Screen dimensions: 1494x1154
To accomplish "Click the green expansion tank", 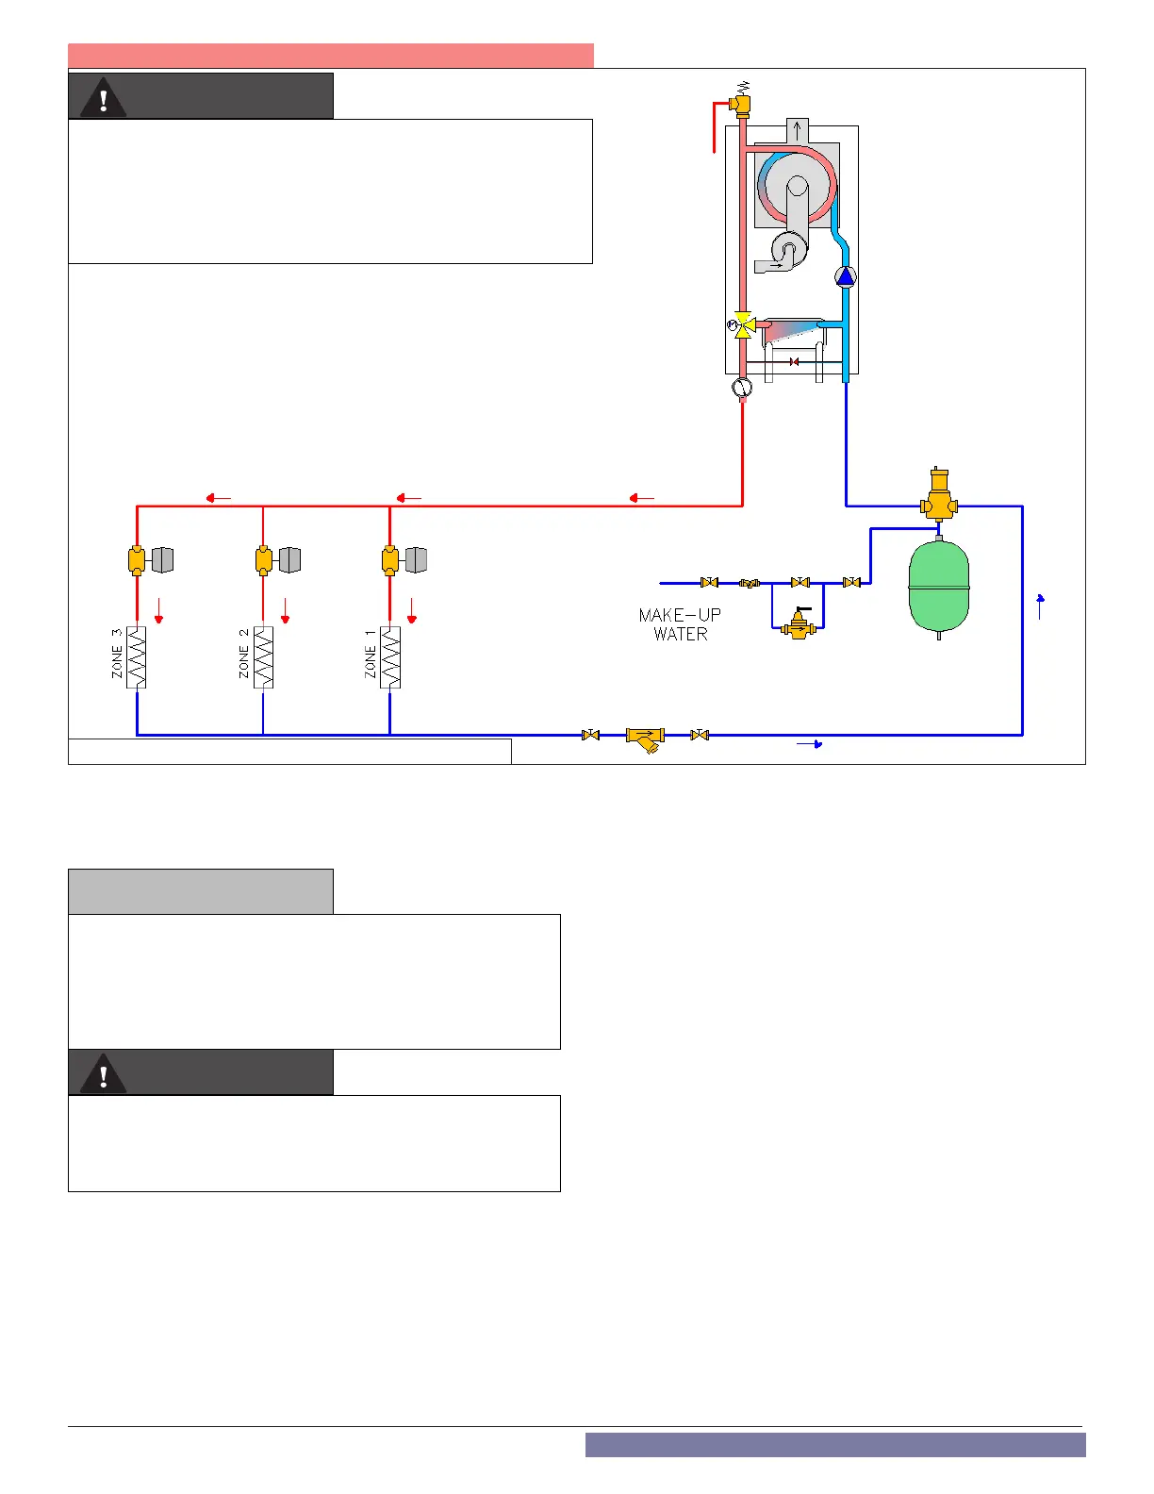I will pos(939,587).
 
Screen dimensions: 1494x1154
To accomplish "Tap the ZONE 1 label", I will pos(371,654).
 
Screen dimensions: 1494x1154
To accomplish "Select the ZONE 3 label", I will pos(117,654).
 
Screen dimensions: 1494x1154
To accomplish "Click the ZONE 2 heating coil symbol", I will pos(263,657).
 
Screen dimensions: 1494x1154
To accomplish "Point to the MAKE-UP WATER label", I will pos(680,624).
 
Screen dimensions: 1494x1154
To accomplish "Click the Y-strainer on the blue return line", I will pos(646,738).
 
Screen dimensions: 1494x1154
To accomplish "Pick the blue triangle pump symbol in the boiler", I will pos(846,276).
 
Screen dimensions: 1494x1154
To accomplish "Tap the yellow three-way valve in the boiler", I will pos(743,325).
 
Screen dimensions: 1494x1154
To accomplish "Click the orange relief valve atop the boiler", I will pos(741,103).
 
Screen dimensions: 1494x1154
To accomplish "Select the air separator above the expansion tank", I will pos(939,498).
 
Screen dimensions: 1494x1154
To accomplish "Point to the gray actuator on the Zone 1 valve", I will pos(416,560).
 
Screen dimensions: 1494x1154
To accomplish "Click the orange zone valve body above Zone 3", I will pos(137,560).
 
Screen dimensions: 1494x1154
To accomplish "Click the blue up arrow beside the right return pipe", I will pos(1040,606).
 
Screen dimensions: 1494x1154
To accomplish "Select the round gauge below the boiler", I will pos(742,387).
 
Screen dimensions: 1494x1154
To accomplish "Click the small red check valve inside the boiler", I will pos(794,362).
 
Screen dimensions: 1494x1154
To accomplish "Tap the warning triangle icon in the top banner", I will pos(104,97).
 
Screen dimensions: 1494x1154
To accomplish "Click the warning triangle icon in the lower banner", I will pos(104,1073).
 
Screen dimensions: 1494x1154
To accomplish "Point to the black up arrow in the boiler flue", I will pos(798,130).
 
